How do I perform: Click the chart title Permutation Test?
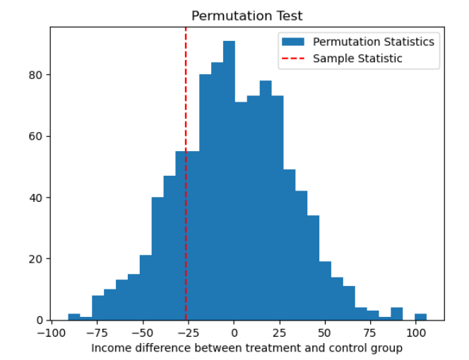[247, 16]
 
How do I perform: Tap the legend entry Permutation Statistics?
[373, 42]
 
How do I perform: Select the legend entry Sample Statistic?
[357, 59]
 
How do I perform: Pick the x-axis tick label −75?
[97, 332]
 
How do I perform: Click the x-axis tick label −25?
[188, 332]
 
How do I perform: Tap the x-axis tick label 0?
[234, 332]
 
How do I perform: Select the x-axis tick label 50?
[324, 332]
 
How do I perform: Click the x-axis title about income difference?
[247, 348]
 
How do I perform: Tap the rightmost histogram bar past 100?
[420, 317]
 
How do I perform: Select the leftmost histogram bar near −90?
[74, 317]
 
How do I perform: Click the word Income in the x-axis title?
[109, 348]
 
